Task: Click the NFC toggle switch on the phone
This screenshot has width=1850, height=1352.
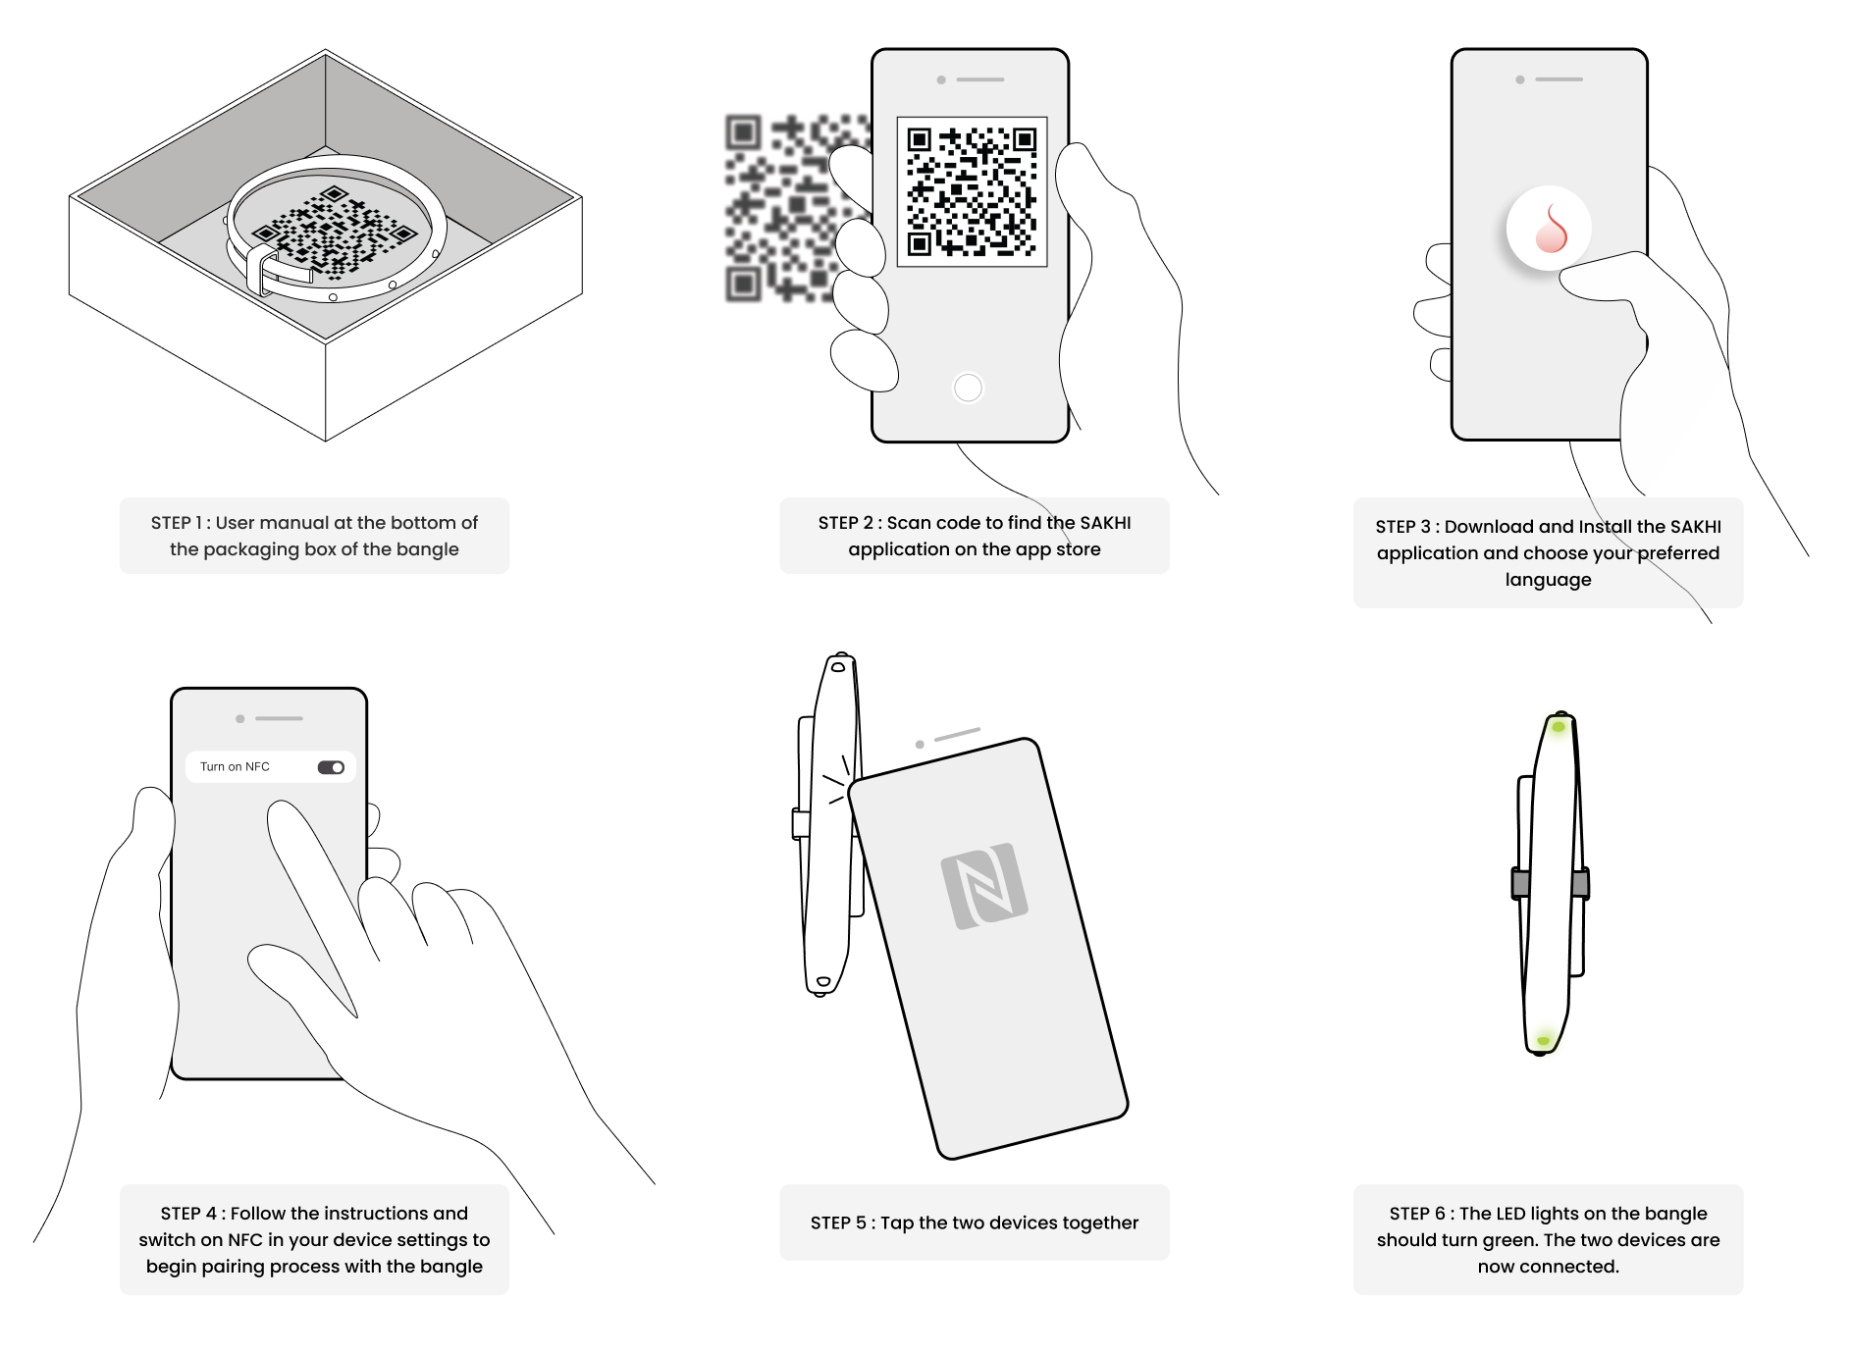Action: pos(331,767)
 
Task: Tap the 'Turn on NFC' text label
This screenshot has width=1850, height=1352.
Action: pos(235,766)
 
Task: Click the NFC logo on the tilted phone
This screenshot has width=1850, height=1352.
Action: pos(984,886)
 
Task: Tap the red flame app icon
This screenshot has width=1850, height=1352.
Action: pos(1550,228)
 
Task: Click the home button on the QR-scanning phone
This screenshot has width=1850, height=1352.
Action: pos(968,388)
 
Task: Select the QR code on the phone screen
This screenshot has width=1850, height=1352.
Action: pos(972,191)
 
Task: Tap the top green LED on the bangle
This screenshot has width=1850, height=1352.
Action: pos(1558,727)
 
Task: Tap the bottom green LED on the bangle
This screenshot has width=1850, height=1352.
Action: pos(1544,1039)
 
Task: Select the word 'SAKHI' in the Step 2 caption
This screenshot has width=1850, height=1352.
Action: pos(1105,523)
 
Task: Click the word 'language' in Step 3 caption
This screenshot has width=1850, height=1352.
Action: pos(1549,580)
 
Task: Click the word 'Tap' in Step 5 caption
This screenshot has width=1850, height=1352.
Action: pos(897,1223)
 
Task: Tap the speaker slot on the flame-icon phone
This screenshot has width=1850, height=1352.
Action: pos(1559,78)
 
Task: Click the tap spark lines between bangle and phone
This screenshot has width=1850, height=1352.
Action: pos(835,781)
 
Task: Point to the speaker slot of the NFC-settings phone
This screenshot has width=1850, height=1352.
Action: pos(279,718)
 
